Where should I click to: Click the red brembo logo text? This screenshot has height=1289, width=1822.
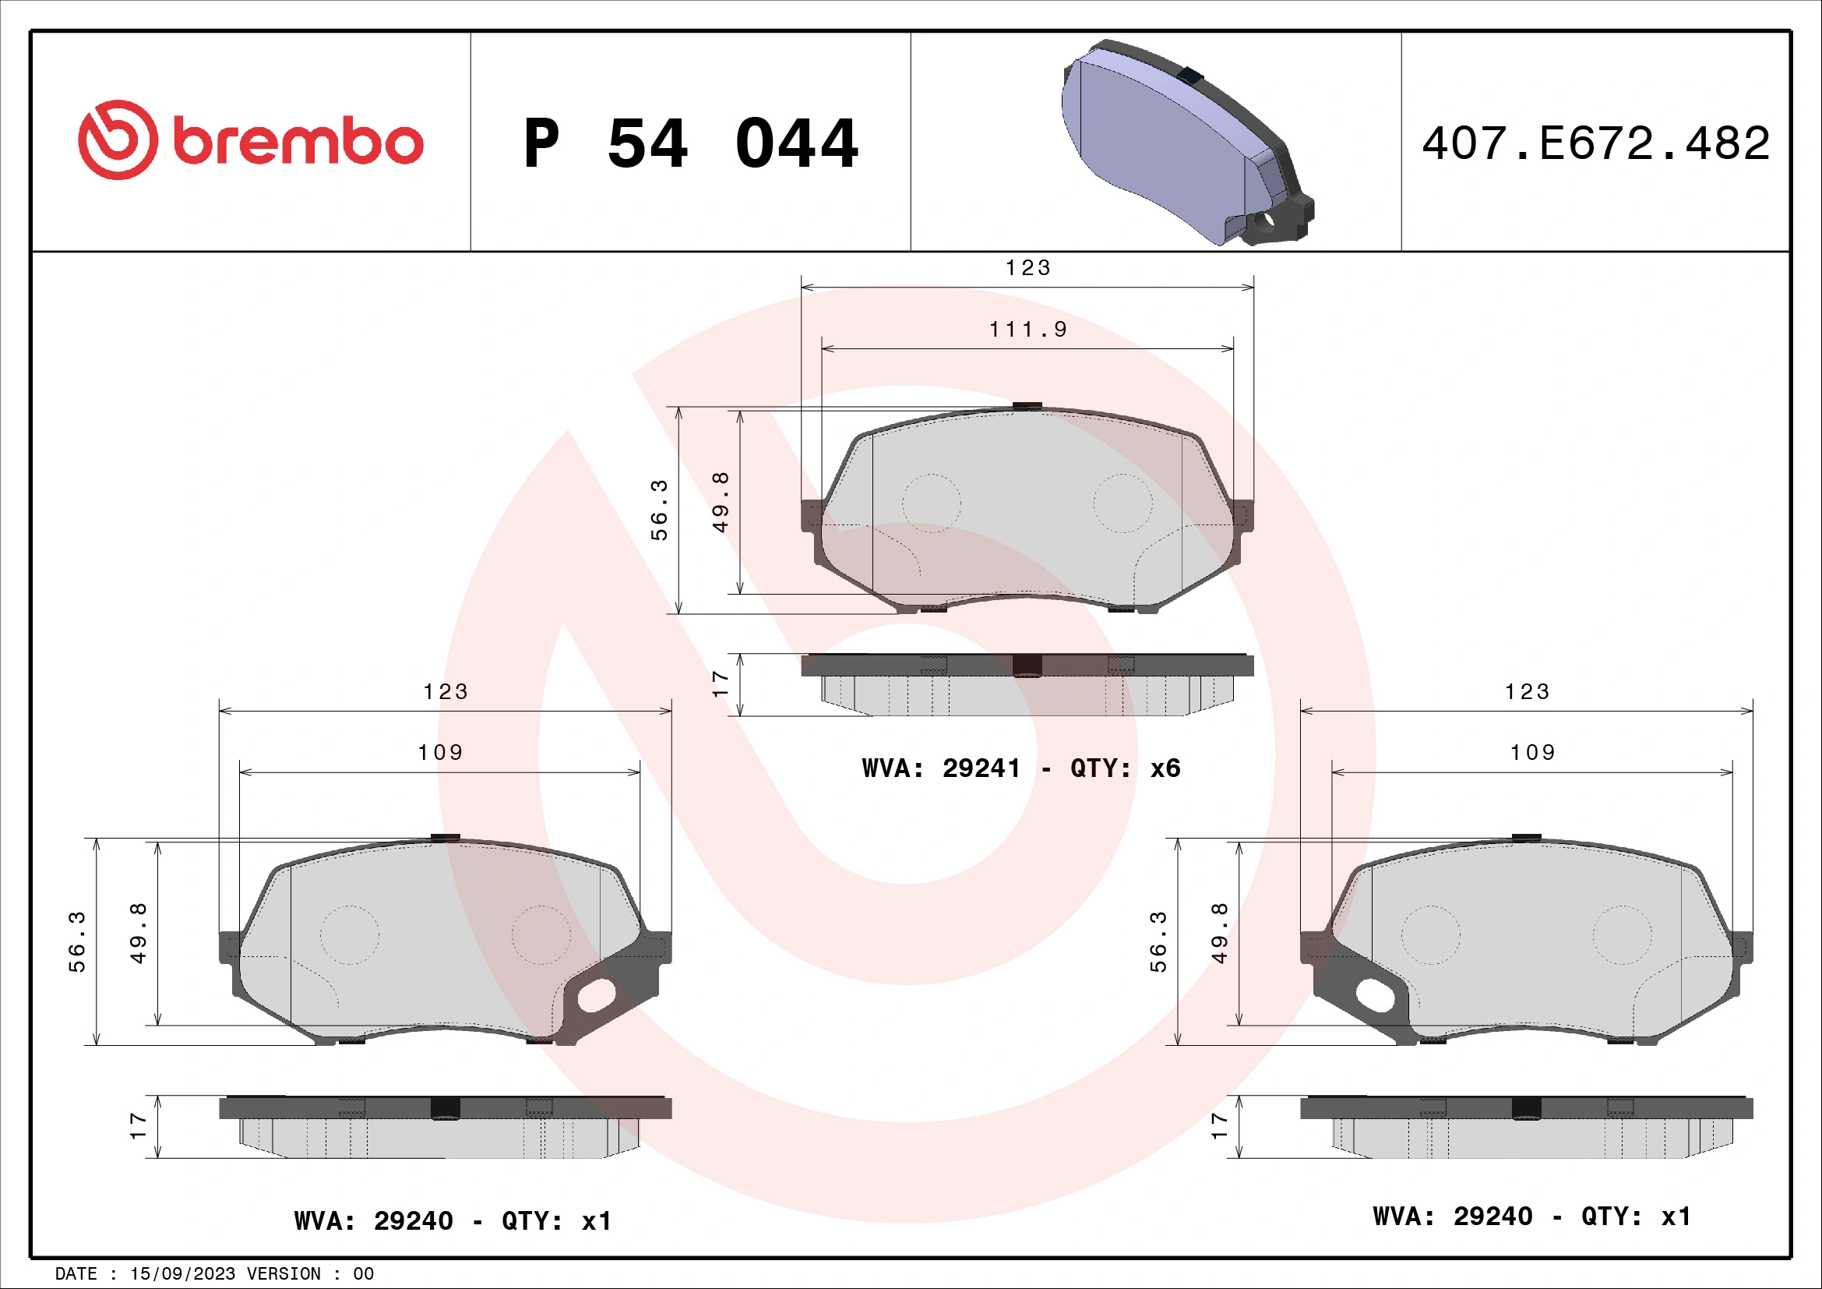coord(298,143)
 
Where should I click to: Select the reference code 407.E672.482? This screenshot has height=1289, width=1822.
coord(1595,143)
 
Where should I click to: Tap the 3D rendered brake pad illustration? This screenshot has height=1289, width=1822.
coord(1186,143)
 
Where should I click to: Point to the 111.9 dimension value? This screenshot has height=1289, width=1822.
coord(1027,330)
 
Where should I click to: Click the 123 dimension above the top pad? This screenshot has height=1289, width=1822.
coord(1027,268)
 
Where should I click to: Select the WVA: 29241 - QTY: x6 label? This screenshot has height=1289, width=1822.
coord(1020,768)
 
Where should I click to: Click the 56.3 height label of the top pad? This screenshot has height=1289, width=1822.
coord(660,510)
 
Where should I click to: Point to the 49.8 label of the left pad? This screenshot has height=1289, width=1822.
coord(138,934)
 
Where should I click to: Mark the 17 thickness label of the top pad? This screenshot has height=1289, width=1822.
coord(720,684)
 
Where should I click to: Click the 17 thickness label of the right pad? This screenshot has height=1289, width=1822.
coord(1219,1126)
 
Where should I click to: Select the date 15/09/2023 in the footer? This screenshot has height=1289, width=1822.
coord(182,1274)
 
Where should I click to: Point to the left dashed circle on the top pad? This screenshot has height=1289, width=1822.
coord(932,503)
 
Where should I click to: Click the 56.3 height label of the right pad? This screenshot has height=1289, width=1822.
coord(1158,942)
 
